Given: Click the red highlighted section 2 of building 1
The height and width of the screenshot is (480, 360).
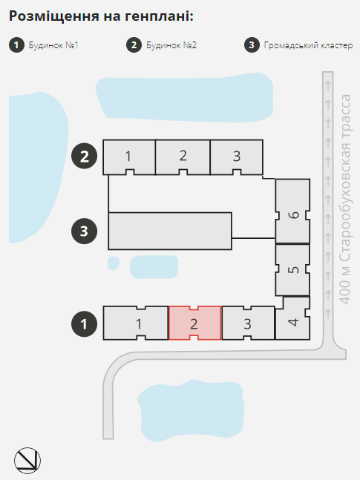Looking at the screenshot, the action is coord(195,323).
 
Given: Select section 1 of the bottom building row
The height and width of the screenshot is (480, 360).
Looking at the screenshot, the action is coord(136,323).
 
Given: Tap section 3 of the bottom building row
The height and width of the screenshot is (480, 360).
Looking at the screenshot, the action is coord(248,323).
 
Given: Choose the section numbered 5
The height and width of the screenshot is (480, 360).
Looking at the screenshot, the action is coord(292,270).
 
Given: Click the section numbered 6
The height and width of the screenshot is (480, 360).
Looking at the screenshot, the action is coord(292,211).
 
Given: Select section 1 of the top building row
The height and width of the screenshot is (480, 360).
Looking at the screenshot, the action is coord(129,157).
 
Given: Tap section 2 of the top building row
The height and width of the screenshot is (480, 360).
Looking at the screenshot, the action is coord(183,157).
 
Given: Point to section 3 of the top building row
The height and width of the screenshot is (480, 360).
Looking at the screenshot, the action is coord(236,157).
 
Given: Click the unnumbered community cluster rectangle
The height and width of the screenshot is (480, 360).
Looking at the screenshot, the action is coord(170,231).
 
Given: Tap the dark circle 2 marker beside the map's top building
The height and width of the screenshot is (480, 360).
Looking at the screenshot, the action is coord(85,156).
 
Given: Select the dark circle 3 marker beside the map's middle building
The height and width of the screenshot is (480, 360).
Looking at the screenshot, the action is coord(85,231).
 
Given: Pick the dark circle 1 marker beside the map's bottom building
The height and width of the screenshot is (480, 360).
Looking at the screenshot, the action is coord(85,324).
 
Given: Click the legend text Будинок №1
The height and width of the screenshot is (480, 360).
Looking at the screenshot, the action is coord(53,45).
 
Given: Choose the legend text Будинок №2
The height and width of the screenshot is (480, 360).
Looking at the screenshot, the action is coord(171,45).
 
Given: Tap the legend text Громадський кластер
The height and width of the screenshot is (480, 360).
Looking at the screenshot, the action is coord(308,45).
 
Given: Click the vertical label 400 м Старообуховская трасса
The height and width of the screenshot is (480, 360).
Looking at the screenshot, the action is coord(345,200).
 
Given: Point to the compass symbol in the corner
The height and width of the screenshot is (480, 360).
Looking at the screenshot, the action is coord(27,461).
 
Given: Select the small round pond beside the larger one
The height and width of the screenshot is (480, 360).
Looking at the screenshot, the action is coord(114,263).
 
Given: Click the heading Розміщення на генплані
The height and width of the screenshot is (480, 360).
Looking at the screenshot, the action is coord(101,16).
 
